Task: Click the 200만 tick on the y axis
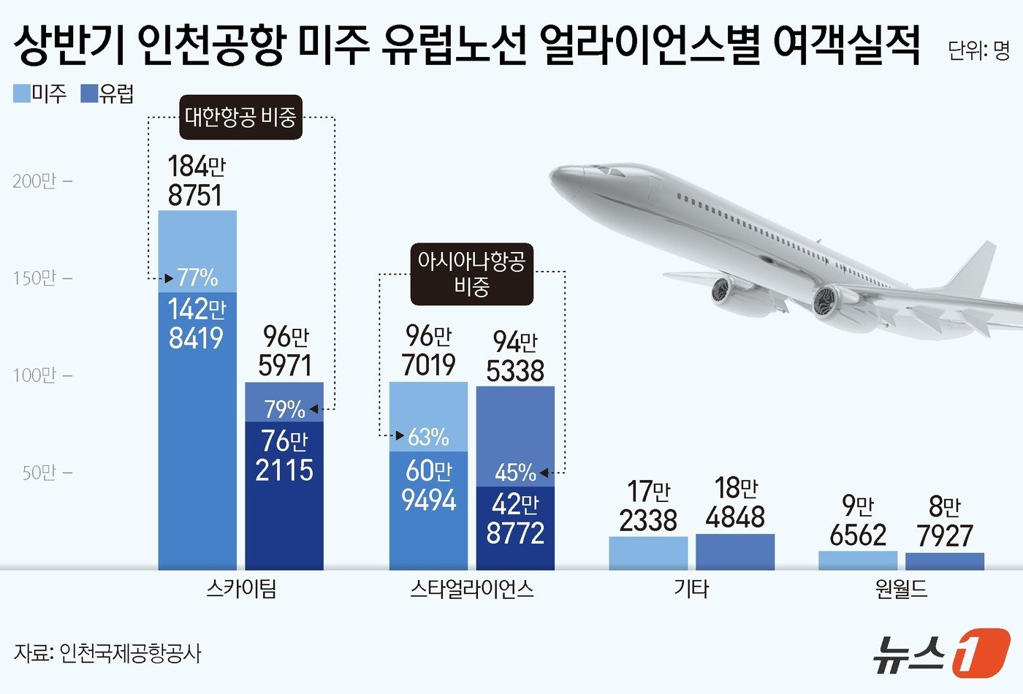tap(42, 181)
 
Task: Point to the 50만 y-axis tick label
tap(47, 473)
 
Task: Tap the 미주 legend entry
tap(41, 94)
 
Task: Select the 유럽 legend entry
tap(108, 94)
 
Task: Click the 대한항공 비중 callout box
tap(240, 117)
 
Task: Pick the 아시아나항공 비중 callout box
tap(471, 273)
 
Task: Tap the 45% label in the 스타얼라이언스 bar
tap(515, 473)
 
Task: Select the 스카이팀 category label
tap(241, 589)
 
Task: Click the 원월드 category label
tap(901, 589)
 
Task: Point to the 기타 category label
tap(691, 589)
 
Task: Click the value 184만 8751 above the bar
tap(196, 180)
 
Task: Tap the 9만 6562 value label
tap(858, 520)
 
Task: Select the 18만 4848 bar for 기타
tap(734, 552)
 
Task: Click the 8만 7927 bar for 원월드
tap(944, 561)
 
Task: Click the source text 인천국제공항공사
tap(130, 652)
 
